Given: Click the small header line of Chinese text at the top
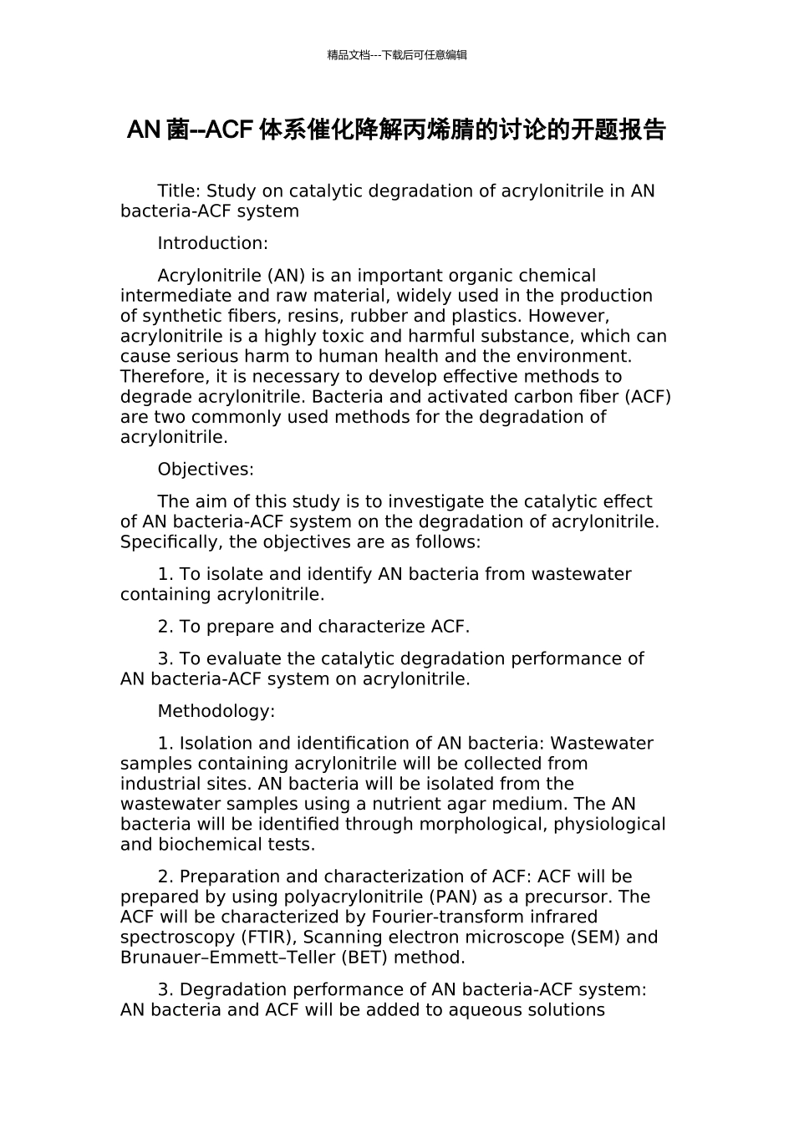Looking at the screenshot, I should (x=397, y=55).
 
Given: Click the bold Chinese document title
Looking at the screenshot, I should (x=396, y=130).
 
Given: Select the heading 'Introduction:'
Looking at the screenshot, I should (x=212, y=243).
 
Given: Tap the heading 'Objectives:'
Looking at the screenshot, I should (x=206, y=469).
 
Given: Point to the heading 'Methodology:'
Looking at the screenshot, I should (x=216, y=711).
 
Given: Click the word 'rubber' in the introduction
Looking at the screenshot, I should (x=379, y=316).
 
